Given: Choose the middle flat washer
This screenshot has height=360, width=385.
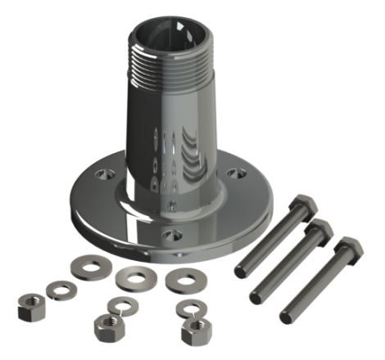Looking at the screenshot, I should point(131,278).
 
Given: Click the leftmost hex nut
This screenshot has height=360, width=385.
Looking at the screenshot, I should point(29,311).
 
